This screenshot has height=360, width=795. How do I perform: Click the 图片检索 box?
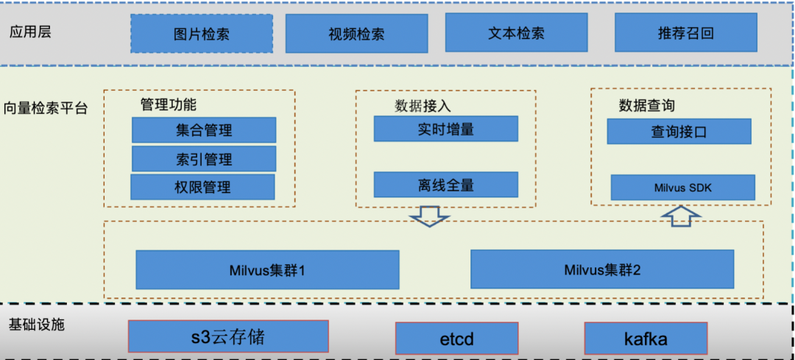click(202, 34)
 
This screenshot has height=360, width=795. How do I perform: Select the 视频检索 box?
click(356, 34)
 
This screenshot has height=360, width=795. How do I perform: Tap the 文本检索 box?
click(516, 33)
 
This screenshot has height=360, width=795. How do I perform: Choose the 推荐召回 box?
click(685, 33)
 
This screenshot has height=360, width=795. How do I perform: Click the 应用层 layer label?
click(30, 32)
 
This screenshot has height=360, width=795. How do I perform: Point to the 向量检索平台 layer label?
click(45, 108)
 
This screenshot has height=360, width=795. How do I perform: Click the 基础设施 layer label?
click(37, 324)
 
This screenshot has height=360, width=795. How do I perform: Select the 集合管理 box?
click(204, 130)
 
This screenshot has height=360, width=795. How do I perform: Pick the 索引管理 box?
click(204, 159)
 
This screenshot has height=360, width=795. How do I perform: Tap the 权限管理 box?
click(202, 187)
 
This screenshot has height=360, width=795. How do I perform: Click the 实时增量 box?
click(445, 129)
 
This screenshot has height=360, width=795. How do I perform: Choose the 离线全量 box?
click(445, 185)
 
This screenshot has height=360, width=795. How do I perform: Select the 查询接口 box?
click(679, 132)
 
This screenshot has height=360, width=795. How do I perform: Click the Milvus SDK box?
click(682, 187)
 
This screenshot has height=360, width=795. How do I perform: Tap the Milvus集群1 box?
click(267, 269)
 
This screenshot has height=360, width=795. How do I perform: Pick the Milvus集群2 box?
click(602, 269)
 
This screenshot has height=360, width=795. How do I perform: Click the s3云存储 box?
click(228, 336)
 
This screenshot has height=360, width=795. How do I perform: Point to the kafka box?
click(646, 338)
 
